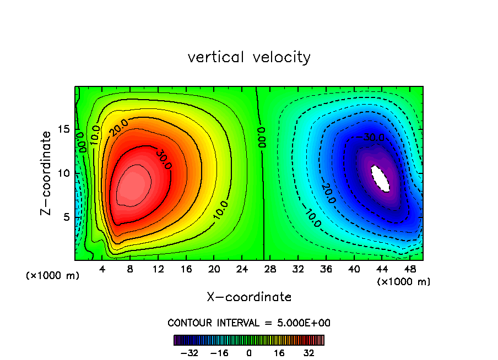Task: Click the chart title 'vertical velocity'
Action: (249, 57)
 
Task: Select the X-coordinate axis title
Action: (249, 297)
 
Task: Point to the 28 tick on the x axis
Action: (270, 269)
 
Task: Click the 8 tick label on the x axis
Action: (131, 269)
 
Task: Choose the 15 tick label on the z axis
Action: (63, 129)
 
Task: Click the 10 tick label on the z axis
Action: (63, 173)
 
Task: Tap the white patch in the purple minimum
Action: (381, 178)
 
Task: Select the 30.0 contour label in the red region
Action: (163, 159)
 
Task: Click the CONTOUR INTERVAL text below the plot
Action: (249, 323)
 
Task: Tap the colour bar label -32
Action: (190, 353)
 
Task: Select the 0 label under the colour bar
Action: (249, 353)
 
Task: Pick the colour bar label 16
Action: (279, 353)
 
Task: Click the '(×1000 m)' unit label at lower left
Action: (53, 276)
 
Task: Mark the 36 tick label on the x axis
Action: (326, 269)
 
